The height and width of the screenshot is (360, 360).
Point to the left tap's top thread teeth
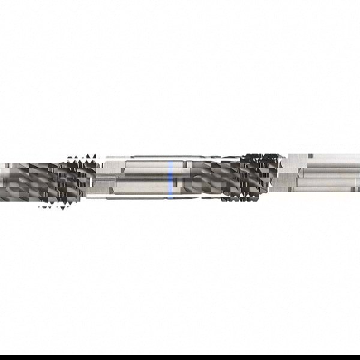82,158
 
